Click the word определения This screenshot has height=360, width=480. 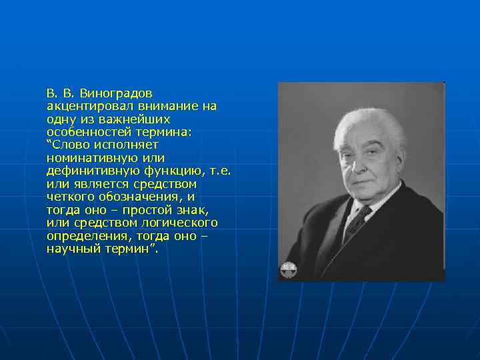coord(85,235)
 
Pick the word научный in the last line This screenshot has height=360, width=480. coord(73,249)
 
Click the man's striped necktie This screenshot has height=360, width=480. coord(357,223)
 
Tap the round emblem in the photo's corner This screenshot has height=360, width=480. coord(289,269)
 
